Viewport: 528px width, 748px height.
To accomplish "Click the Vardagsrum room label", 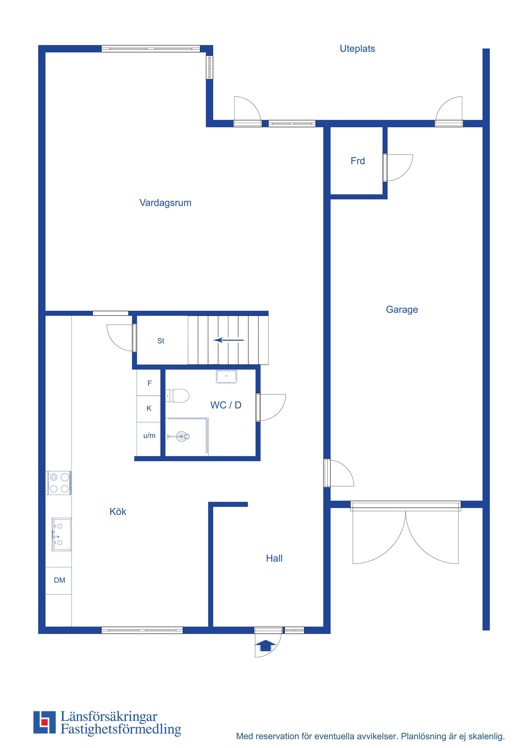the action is [x=165, y=203].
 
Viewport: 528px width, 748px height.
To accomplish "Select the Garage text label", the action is [x=402, y=310].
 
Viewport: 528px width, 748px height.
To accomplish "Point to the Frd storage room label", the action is [x=358, y=161].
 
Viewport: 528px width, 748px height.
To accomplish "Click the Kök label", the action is [x=118, y=512].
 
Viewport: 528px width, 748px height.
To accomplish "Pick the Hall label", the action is [x=274, y=558].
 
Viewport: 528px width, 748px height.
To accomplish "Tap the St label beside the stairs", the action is [x=161, y=341].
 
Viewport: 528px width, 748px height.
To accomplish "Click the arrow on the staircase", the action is [x=229, y=340].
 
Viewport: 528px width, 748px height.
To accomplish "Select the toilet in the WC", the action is [x=177, y=395].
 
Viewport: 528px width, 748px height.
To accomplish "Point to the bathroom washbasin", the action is [x=227, y=376].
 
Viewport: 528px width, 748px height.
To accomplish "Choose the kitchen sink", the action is [x=62, y=534].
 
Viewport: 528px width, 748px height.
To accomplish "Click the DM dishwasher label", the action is [x=60, y=580].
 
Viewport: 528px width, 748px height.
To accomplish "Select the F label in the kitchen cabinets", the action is [x=150, y=383].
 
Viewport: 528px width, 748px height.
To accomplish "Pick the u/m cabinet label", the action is [x=149, y=436].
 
